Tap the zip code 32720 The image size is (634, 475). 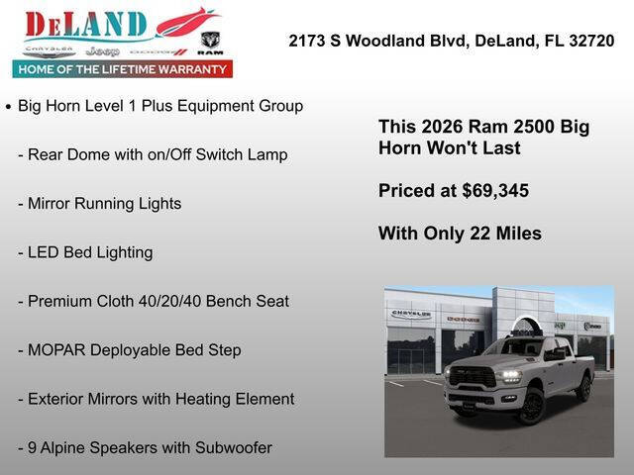coord(591,41)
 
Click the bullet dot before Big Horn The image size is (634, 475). coord(8,106)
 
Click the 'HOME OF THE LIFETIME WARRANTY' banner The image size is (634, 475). coord(123,69)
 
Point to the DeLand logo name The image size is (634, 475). coord(87,24)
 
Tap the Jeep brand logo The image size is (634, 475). coord(102,50)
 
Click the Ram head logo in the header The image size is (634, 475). coord(210,42)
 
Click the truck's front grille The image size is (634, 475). coord(474,380)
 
